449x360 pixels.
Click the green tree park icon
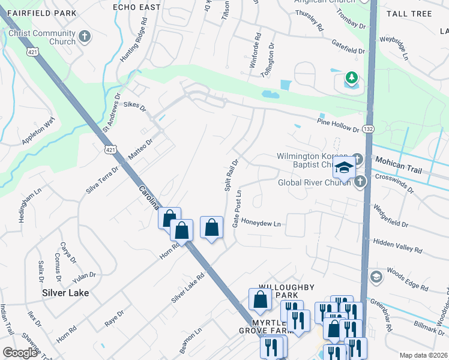point(351,77)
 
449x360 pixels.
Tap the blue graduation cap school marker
point(344,169)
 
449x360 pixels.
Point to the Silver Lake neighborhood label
point(65,293)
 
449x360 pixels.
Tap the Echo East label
point(137,7)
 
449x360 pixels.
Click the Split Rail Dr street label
point(232,175)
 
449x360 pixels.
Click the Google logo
point(20,353)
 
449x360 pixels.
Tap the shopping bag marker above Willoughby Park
point(259,299)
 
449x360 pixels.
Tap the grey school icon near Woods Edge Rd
point(376,277)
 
